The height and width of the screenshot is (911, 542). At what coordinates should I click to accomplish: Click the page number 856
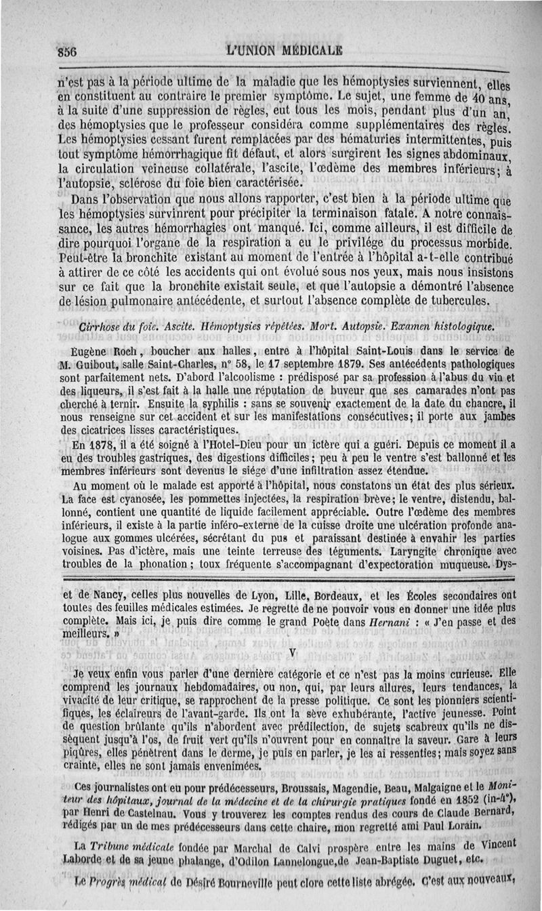click(68, 51)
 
